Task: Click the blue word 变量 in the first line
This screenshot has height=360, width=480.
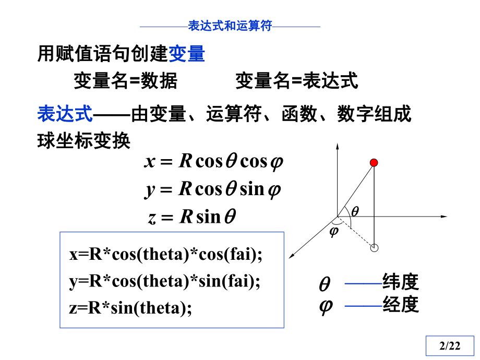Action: coord(186,54)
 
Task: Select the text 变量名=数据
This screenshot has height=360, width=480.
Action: coord(125,81)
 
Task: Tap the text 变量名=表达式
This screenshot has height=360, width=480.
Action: coord(296,81)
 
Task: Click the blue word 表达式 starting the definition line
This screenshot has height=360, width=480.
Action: coord(65,113)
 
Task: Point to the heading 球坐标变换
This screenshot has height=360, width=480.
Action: coord(83,141)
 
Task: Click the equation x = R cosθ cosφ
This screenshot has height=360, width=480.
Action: coord(213,162)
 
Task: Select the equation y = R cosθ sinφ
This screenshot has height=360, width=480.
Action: coord(213,189)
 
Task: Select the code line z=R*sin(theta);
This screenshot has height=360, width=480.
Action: coord(130,308)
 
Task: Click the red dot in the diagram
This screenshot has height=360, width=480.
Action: coord(374,163)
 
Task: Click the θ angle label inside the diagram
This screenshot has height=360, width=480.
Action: coord(355,211)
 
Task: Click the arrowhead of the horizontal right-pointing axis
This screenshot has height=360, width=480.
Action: coord(445,215)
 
